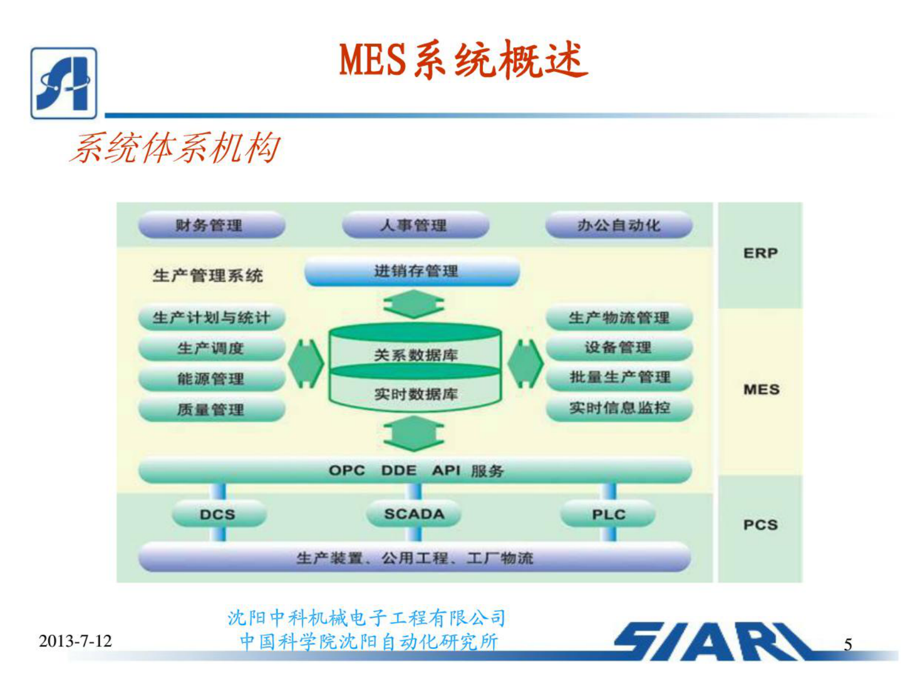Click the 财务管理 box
click(x=211, y=225)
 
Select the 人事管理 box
click(x=415, y=225)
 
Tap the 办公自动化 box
click(x=619, y=225)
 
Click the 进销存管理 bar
click(x=412, y=271)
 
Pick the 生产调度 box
click(x=211, y=348)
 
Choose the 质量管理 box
click(x=211, y=409)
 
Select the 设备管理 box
click(x=619, y=347)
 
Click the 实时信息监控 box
click(x=619, y=408)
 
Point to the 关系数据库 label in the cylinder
click(x=416, y=355)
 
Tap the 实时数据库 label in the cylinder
click(x=416, y=393)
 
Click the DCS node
click(x=218, y=514)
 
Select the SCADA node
click(x=414, y=513)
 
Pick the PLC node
click(x=608, y=514)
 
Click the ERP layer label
click(x=760, y=253)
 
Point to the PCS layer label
click(x=760, y=525)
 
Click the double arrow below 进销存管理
click(x=413, y=304)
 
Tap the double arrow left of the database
click(x=306, y=364)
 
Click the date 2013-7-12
click(x=75, y=641)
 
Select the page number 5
click(x=847, y=644)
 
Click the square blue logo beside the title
click(x=64, y=83)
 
